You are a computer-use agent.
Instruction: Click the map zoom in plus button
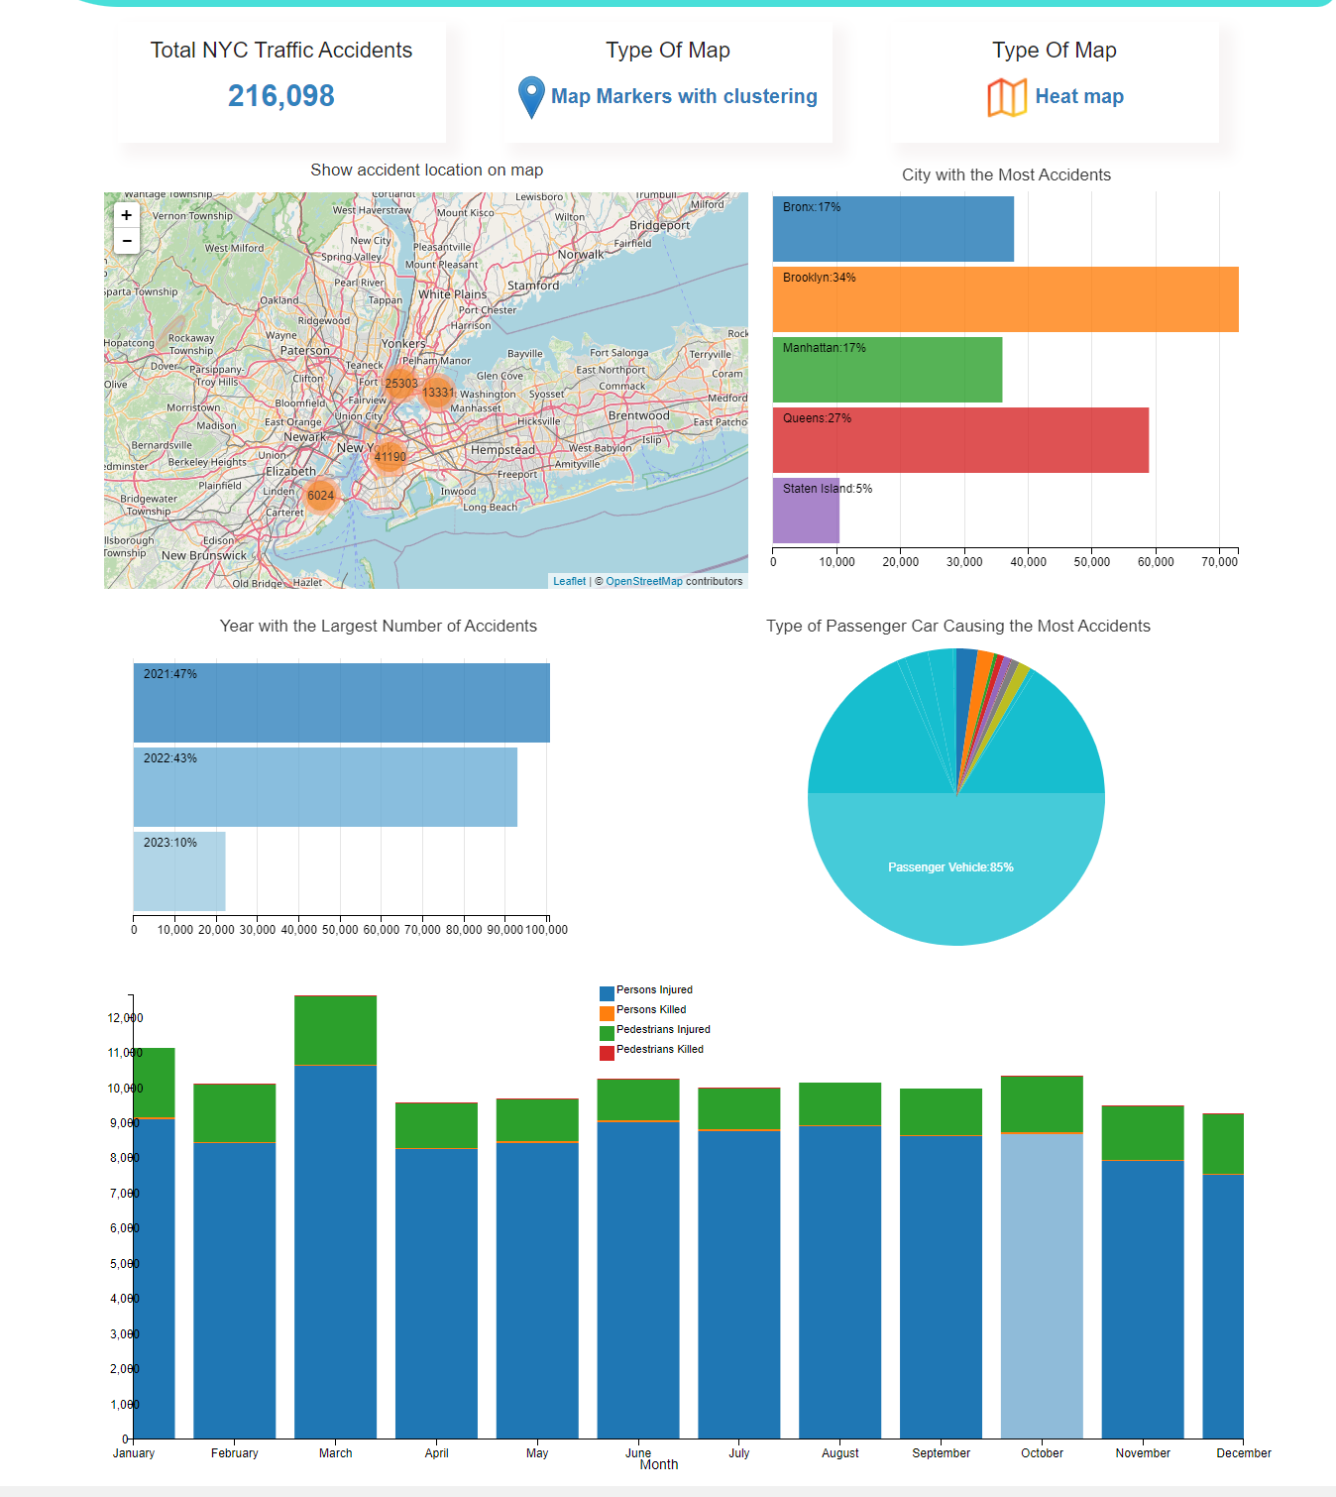[x=127, y=215]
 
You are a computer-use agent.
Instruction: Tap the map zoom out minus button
[x=127, y=241]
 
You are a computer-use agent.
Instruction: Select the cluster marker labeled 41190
[x=390, y=457]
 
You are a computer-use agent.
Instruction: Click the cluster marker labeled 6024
[x=320, y=496]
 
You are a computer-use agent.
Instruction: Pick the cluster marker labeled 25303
[x=401, y=384]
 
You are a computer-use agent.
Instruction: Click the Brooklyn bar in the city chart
[x=1005, y=299]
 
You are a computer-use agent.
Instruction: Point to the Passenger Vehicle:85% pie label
[x=950, y=867]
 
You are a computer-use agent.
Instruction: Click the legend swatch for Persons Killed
[x=607, y=1013]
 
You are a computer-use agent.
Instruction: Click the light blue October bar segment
[x=1042, y=1285]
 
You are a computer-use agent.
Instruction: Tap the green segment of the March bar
[x=335, y=1031]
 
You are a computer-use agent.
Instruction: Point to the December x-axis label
[x=1243, y=1453]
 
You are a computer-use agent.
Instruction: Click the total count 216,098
[x=281, y=96]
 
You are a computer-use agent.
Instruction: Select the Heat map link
[x=1079, y=96]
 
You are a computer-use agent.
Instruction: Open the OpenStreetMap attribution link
[x=644, y=582]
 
